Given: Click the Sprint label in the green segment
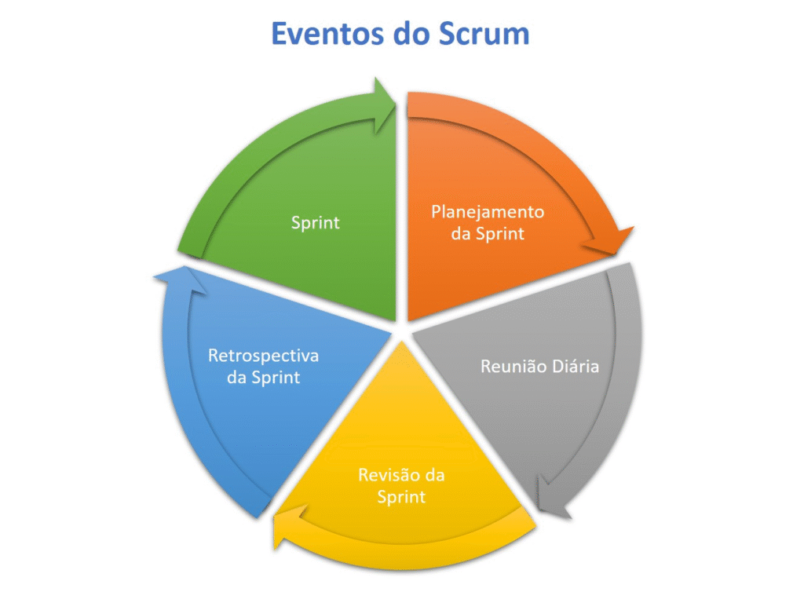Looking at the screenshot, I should [315, 222].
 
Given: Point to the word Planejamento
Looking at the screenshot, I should [488, 212].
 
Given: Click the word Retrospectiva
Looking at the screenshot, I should [263, 356].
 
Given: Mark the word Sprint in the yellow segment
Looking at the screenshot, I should [401, 496].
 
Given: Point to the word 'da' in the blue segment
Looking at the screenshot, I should [236, 378].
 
